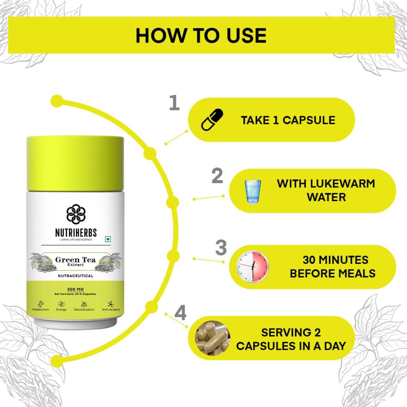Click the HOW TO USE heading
tap(201, 35)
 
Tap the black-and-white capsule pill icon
tap(212, 119)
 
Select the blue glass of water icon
tap(252, 192)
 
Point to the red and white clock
tap(252, 266)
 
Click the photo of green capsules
tap(213, 338)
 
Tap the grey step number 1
tap(174, 103)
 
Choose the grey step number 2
tap(217, 176)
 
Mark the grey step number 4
tap(180, 313)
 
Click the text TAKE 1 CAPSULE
tap(288, 120)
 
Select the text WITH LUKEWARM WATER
tap(326, 190)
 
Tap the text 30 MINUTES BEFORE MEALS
tap(333, 267)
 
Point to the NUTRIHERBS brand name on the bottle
tap(76, 233)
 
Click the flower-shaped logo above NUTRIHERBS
tap(76, 214)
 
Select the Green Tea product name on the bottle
tap(75, 260)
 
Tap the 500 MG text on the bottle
tap(75, 289)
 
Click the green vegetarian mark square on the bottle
tap(107, 239)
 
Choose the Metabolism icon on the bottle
tap(41, 304)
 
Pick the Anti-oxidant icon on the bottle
tap(111, 304)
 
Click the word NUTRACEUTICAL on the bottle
tap(76, 276)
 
